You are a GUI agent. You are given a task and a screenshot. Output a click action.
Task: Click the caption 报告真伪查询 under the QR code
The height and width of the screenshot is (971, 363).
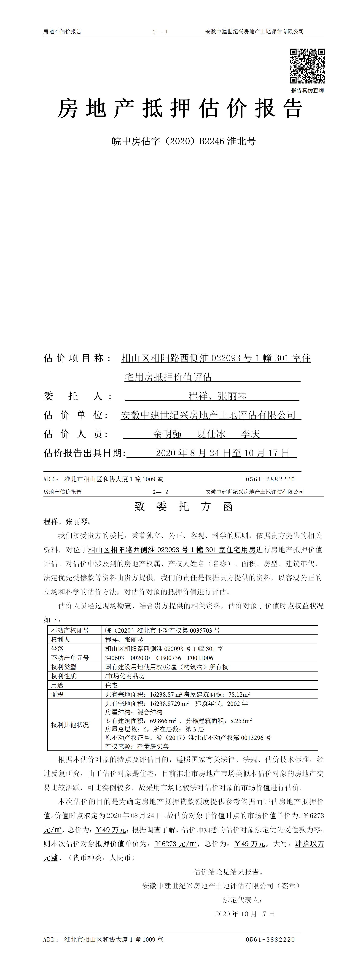(307, 90)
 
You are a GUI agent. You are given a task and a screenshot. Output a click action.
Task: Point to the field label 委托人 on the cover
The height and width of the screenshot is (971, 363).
(78, 396)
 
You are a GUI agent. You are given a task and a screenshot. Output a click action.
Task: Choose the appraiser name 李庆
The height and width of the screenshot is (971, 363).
(250, 434)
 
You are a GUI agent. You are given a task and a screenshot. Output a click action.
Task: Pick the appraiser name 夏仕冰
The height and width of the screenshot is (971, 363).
(211, 434)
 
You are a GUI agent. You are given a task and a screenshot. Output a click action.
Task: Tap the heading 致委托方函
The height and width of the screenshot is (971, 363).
(184, 507)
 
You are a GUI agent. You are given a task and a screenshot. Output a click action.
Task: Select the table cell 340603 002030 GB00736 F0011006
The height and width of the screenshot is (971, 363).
(159, 658)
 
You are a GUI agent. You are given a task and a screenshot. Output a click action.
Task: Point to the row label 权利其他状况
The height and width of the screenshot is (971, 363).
(70, 725)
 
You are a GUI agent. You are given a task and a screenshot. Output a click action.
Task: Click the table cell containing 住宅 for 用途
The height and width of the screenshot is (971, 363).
(112, 685)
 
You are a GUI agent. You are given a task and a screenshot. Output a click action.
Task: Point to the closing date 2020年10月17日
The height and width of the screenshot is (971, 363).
(245, 914)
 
